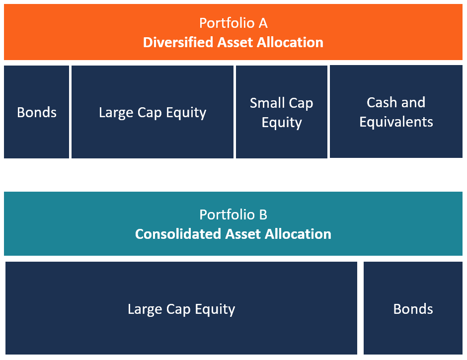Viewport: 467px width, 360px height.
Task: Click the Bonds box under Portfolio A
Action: coord(36,112)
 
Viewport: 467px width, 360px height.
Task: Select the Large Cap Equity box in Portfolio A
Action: coord(152,112)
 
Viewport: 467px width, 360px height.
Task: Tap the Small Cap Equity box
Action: coord(281,112)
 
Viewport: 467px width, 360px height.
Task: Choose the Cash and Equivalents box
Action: coord(396,112)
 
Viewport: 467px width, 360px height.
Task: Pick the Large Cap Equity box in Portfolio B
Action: coord(181,308)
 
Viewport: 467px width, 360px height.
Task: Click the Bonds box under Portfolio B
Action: coord(413,308)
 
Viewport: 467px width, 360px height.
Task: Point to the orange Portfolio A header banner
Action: coord(233,32)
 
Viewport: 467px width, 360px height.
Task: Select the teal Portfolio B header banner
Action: coord(233,223)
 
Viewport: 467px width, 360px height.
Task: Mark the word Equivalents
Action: coord(396,122)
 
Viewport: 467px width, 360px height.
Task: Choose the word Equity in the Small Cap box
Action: coord(282,123)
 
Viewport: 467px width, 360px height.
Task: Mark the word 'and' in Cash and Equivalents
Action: coord(413,102)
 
